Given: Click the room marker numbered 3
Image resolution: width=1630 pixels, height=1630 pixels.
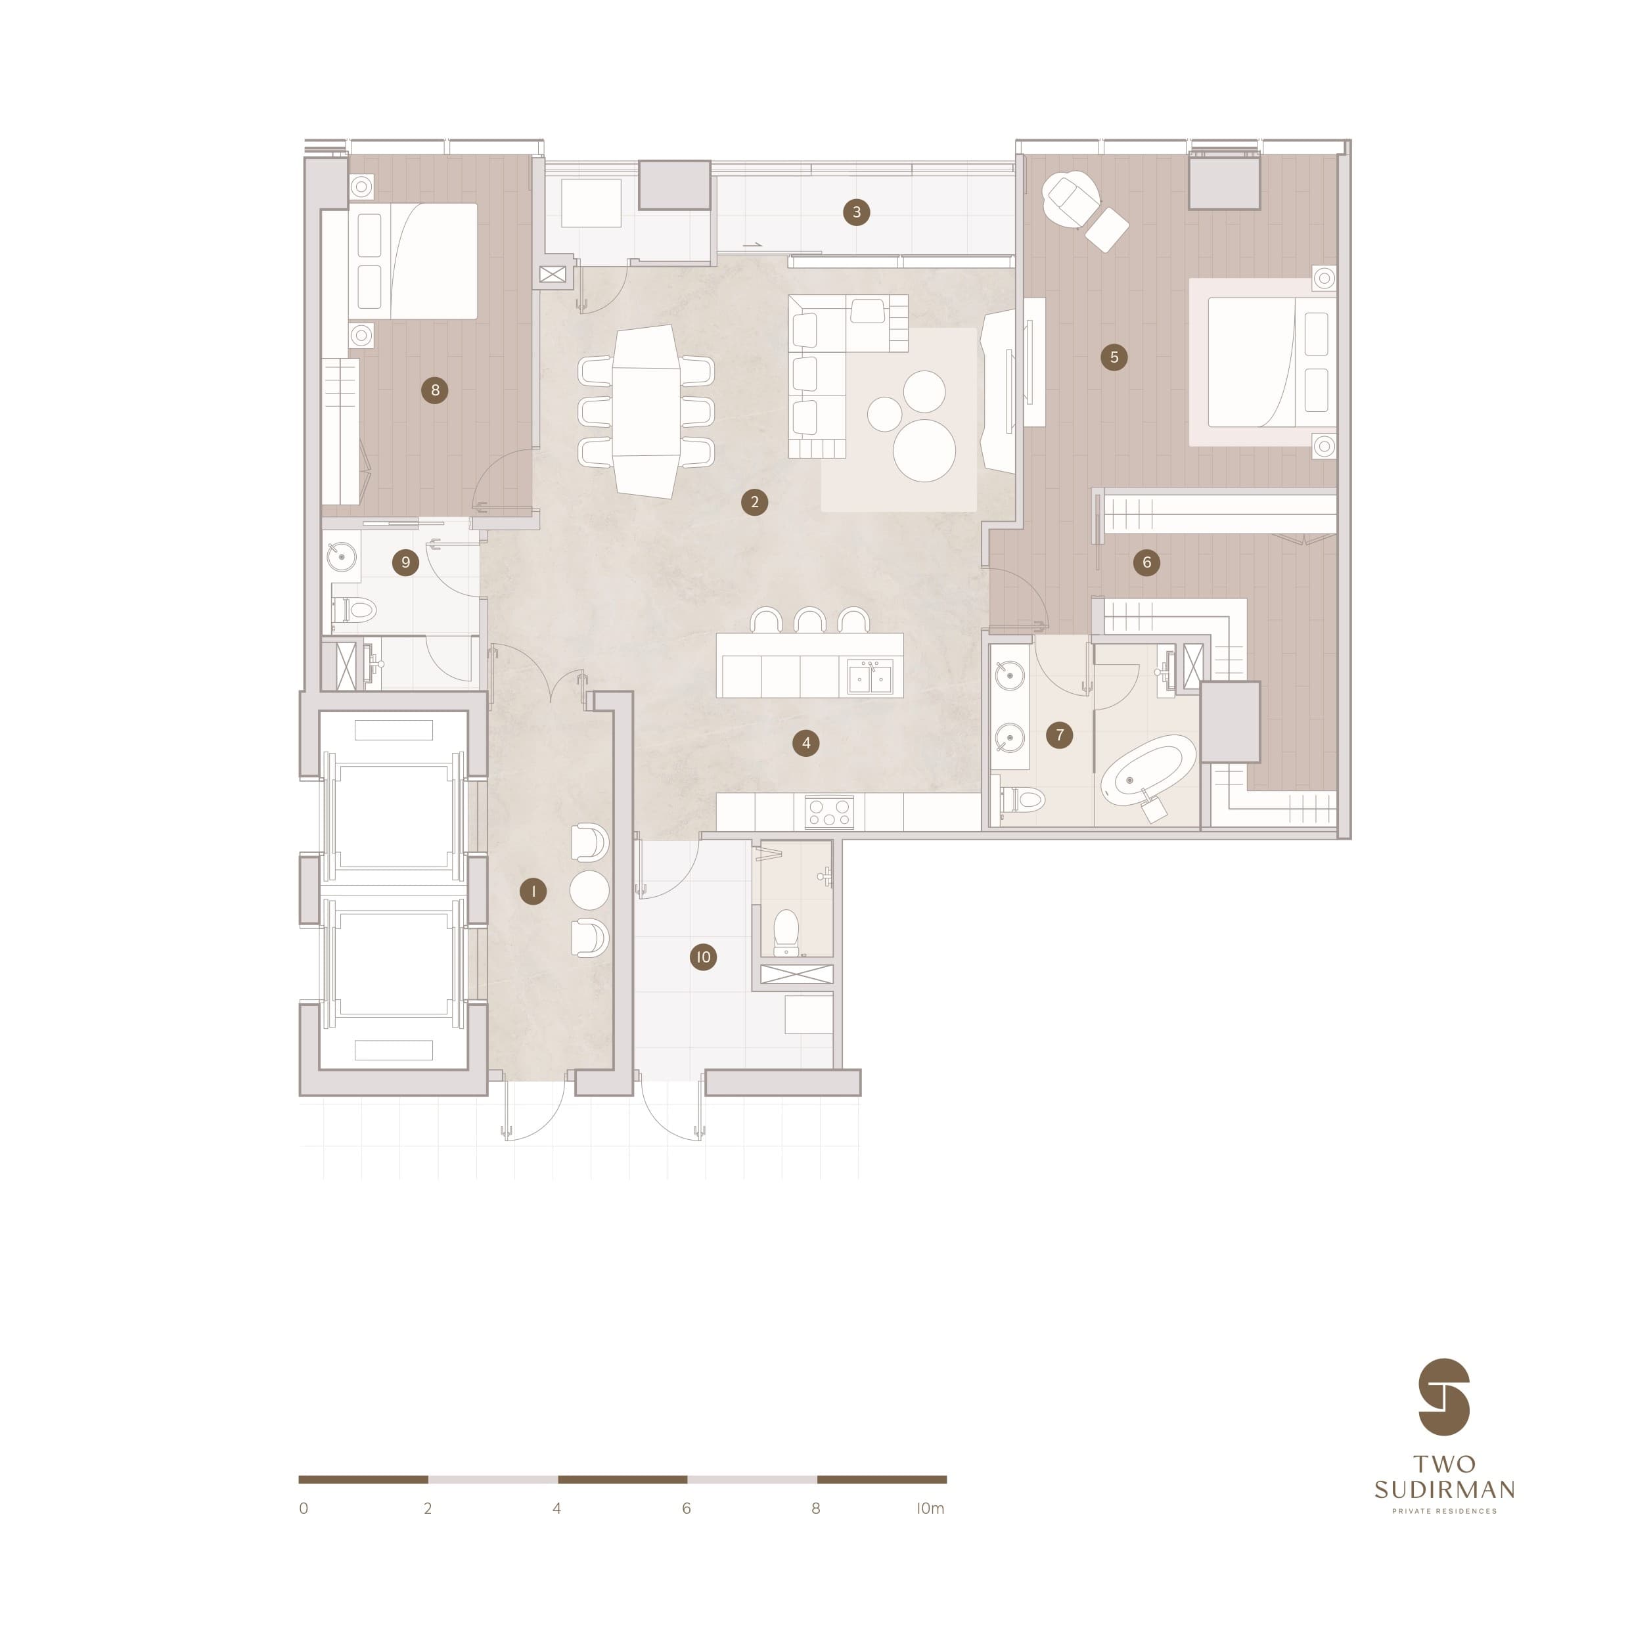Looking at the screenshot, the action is [856, 212].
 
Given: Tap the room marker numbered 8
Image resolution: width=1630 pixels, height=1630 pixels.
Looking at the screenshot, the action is [434, 390].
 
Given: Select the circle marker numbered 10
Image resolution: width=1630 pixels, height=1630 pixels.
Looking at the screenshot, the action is [703, 957].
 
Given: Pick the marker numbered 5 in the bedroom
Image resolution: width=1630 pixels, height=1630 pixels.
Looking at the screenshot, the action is [1114, 357].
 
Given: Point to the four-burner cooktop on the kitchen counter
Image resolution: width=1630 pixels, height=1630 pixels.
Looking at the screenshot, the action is [829, 811].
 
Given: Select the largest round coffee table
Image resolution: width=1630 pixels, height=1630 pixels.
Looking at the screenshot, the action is [924, 451].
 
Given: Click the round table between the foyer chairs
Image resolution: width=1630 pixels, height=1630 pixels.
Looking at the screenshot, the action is [589, 890].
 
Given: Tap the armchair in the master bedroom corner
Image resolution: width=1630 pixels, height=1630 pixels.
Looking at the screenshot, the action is [1071, 199].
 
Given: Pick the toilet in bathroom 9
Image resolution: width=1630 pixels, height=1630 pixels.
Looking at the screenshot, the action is [354, 609].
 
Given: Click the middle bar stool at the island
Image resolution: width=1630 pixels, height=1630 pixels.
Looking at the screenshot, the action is [810, 620].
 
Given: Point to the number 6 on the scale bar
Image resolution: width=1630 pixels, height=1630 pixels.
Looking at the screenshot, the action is [686, 1508].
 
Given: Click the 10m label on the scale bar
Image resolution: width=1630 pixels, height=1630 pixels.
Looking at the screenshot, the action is [930, 1508].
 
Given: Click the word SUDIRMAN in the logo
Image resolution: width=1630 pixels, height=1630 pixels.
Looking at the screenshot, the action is [1444, 1489].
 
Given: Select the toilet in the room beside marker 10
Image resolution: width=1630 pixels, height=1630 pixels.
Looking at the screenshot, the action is [786, 932].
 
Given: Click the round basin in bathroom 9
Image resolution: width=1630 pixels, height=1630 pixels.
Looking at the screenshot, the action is [342, 556].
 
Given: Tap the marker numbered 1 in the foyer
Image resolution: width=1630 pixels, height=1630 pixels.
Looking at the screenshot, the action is [532, 891].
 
